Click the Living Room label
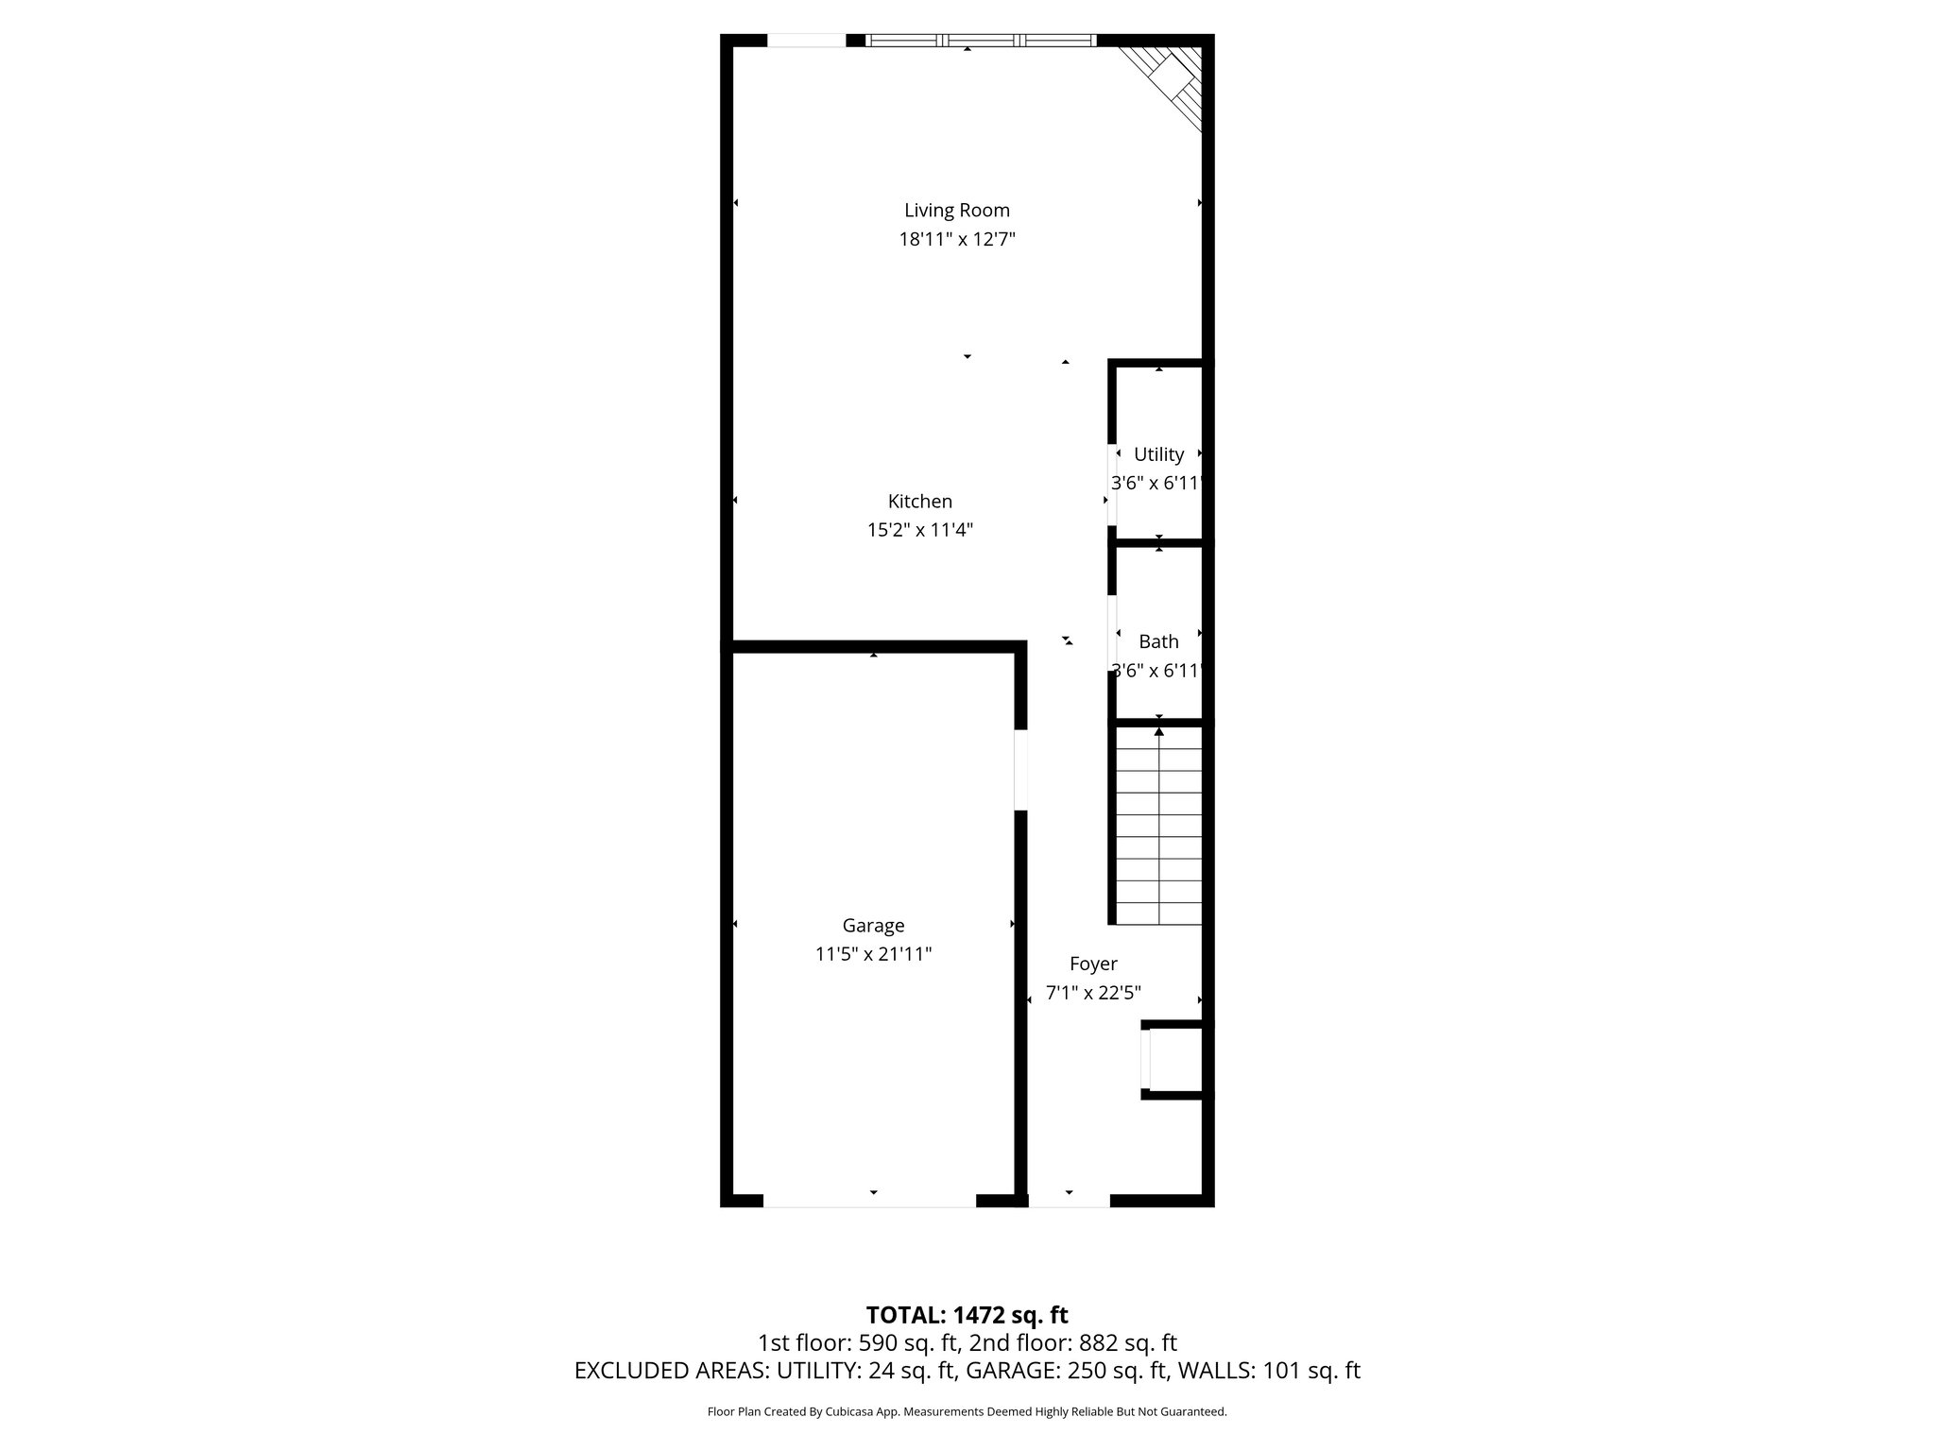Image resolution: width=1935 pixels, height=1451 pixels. (956, 211)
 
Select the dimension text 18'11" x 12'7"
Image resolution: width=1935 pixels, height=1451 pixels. (956, 240)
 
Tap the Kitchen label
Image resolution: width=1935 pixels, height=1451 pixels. (919, 502)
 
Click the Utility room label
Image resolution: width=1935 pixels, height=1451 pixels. (1158, 454)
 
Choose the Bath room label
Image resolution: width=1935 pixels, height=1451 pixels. (1158, 641)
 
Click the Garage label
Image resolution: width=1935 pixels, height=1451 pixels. (873, 926)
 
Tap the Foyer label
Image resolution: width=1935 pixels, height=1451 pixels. (1093, 964)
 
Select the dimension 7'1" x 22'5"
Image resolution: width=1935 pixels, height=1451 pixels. (1093, 993)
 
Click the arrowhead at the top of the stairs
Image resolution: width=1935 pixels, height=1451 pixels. (1159, 730)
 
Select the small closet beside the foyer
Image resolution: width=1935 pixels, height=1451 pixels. (1174, 1059)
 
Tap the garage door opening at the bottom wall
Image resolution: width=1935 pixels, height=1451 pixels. (869, 1201)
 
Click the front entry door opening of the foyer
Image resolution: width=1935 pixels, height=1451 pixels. (1069, 1201)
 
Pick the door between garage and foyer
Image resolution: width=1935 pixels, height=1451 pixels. (1020, 769)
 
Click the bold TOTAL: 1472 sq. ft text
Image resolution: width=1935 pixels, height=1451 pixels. (967, 1315)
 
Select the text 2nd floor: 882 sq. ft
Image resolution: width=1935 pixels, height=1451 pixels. (1072, 1343)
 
